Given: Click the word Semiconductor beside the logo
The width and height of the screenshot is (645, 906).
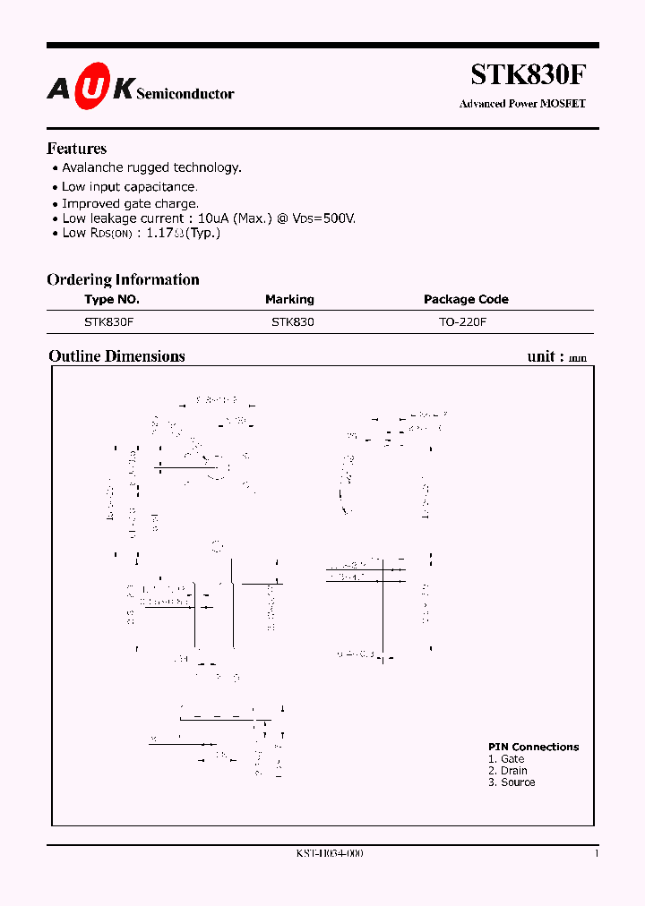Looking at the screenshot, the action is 185,93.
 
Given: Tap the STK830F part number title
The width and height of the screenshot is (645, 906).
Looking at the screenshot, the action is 529,74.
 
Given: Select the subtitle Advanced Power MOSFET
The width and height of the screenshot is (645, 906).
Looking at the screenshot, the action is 522,104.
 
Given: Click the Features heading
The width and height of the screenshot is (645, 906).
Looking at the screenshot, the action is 76,149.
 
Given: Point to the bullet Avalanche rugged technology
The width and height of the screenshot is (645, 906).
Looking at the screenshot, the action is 151,167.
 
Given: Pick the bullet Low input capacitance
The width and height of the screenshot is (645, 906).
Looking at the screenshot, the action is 129,186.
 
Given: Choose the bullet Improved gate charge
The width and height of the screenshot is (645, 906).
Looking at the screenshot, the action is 130,203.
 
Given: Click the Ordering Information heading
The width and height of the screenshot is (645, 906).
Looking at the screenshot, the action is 123,279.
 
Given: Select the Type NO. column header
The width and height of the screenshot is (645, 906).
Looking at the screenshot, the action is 112,300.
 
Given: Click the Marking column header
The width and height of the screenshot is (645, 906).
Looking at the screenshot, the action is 289,300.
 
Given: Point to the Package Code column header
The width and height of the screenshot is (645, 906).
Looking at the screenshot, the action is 466,300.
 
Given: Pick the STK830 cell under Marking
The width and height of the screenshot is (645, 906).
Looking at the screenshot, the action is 292,321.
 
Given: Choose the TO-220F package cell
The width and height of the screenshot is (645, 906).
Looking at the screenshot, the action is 462,321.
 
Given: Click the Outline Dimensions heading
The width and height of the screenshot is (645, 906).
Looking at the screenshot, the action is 116,356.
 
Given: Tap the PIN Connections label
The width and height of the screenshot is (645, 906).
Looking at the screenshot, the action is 533,747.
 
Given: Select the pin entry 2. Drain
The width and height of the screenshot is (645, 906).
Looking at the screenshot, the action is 508,771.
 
